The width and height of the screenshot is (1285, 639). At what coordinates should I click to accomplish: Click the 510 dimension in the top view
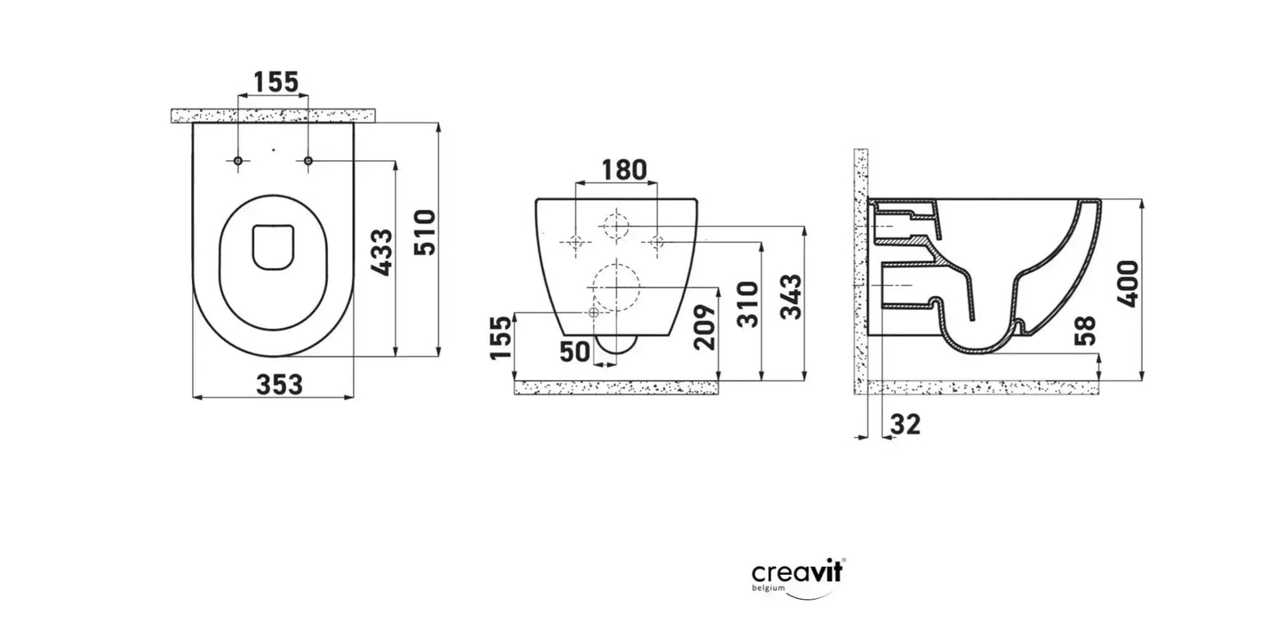[426, 232]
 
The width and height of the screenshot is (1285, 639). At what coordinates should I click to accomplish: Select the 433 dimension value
[381, 253]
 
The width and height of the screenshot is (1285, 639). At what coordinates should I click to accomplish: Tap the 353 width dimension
[279, 384]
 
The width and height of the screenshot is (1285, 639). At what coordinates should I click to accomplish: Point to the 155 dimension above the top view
[275, 82]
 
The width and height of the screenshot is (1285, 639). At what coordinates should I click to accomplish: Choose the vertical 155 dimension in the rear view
[501, 337]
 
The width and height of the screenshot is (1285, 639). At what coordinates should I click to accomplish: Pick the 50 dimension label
[575, 352]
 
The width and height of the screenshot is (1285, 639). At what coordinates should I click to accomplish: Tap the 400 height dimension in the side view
[1128, 284]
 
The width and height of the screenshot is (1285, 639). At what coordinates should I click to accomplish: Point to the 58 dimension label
[1085, 330]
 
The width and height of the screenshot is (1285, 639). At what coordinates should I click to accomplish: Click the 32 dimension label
[904, 425]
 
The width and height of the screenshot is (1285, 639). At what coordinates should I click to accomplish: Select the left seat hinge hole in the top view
[238, 160]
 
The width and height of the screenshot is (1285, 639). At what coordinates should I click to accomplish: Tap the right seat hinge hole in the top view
[308, 160]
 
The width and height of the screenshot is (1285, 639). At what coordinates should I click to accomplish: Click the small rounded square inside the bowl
[273, 246]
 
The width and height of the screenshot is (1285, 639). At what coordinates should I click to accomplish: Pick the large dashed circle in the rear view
[614, 287]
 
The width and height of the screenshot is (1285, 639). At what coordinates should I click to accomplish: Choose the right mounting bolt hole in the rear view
[656, 241]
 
